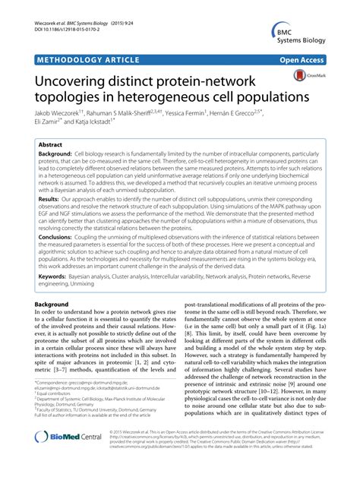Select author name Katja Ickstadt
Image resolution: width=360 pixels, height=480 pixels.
pos(92,123)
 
